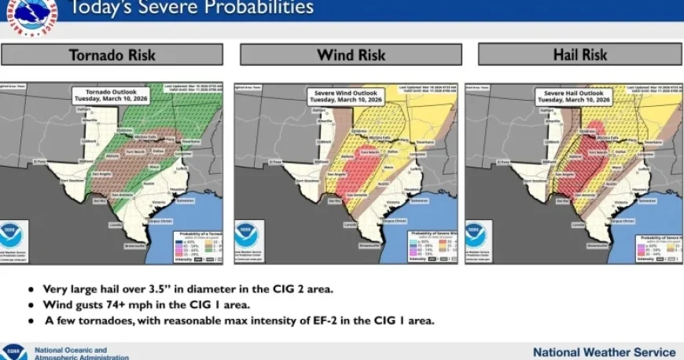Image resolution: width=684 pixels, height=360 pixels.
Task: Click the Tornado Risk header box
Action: click(x=112, y=55)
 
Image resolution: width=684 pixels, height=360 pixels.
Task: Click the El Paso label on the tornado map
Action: click(x=39, y=162)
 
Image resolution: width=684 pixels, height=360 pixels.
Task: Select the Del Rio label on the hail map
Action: click(x=561, y=200)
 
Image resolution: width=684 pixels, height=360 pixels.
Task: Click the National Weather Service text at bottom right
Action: click(x=604, y=352)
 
